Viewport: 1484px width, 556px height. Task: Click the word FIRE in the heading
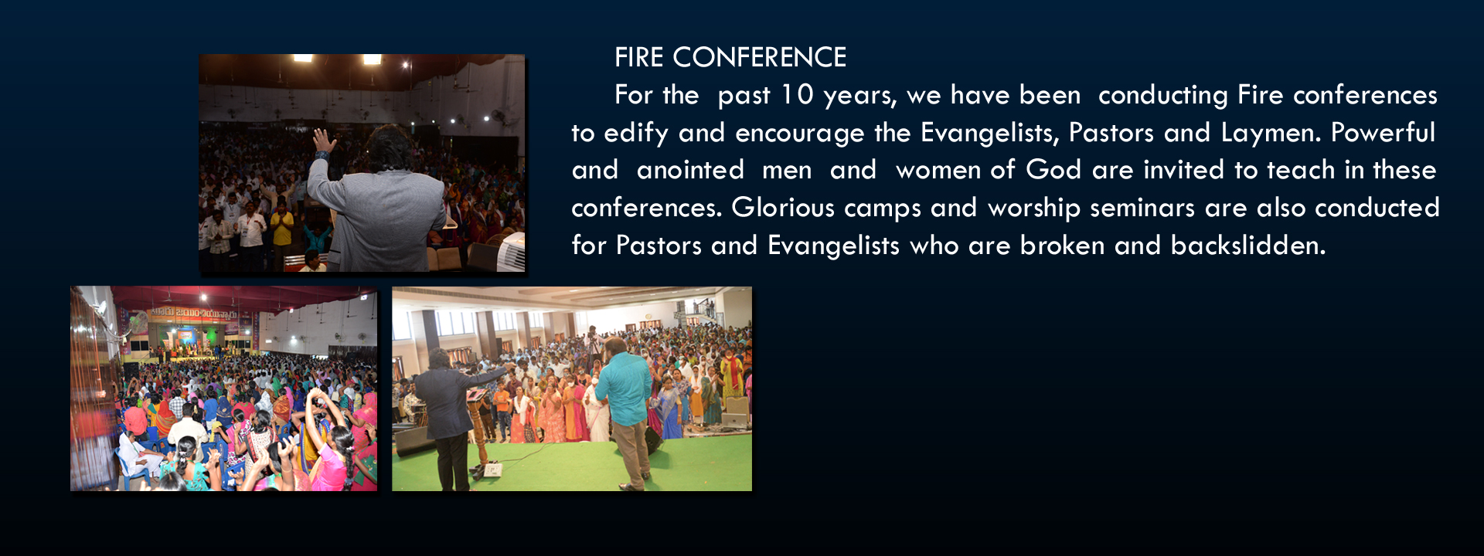pyautogui.click(x=639, y=57)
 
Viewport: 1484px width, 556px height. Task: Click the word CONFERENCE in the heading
pyautogui.click(x=760, y=57)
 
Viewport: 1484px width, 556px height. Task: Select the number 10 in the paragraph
pyautogui.click(x=797, y=95)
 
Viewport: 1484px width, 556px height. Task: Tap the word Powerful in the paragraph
pyautogui.click(x=1383, y=133)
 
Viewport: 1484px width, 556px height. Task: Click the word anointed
pyautogui.click(x=690, y=170)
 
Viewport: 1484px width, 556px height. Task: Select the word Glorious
pyautogui.click(x=783, y=208)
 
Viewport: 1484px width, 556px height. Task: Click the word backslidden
pyautogui.click(x=1248, y=246)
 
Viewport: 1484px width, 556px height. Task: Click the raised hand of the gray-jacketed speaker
pyautogui.click(x=324, y=142)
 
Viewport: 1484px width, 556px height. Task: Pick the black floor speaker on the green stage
pyautogui.click(x=414, y=439)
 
